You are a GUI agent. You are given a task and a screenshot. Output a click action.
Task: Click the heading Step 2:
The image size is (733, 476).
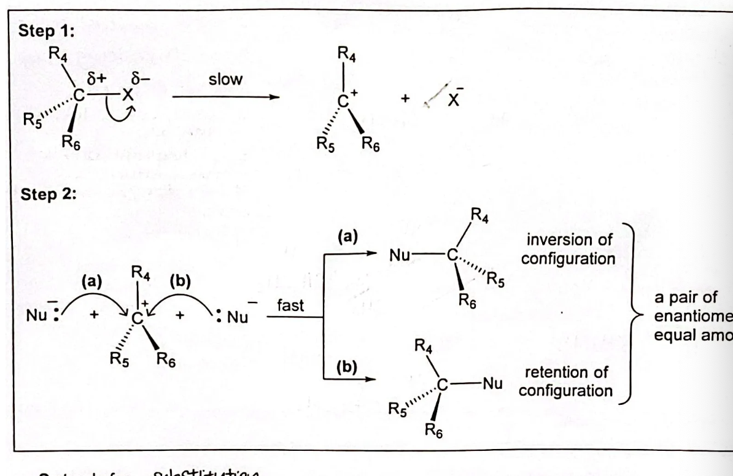[x=46, y=197]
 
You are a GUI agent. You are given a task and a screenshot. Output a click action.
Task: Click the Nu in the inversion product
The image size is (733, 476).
[x=397, y=254]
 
